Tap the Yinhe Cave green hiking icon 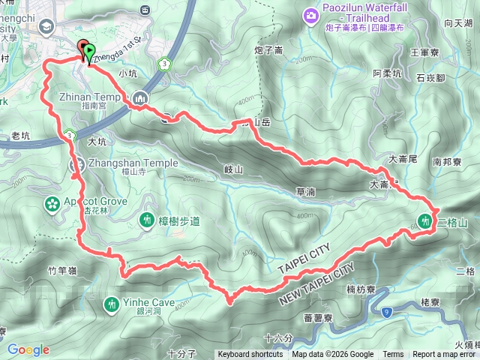click(111, 304)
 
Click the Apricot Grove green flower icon click(52, 202)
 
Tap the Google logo click(28, 349)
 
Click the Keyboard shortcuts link click(251, 355)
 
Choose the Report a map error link click(445, 355)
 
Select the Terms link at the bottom click(393, 355)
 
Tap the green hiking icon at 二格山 click(426, 221)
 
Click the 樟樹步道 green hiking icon click(148, 221)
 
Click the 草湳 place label click(304, 192)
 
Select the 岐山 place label click(234, 170)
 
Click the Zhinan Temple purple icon click(141, 97)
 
